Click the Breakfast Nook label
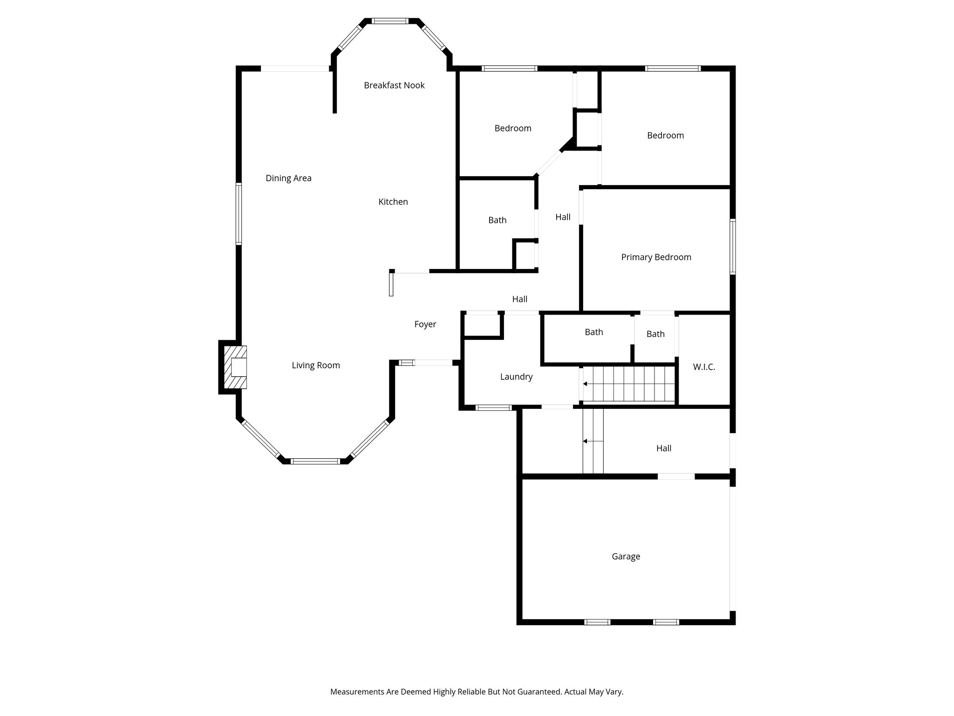(394, 85)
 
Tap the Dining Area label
(288, 178)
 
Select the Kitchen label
(393, 202)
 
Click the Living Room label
(316, 365)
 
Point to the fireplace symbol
(236, 367)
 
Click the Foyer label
(425, 324)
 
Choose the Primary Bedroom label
(656, 257)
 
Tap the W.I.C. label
(704, 367)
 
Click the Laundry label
(516, 377)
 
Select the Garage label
(626, 557)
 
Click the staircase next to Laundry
(629, 384)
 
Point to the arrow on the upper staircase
(585, 384)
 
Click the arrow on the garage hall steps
(586, 441)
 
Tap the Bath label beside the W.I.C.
(655, 334)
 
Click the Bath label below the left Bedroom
(497, 220)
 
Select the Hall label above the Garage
(664, 448)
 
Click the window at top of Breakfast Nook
(390, 21)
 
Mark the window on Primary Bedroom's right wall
(732, 246)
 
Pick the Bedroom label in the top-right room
(665, 136)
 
